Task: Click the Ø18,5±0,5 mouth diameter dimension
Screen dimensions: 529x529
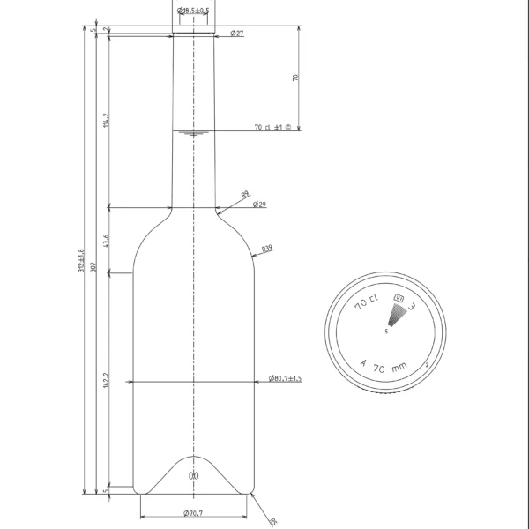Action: point(193,10)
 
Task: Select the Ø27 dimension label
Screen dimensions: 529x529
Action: point(237,33)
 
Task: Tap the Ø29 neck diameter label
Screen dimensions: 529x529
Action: point(259,205)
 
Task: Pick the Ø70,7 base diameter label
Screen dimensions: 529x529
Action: point(193,513)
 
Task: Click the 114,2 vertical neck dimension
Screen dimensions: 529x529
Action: point(106,120)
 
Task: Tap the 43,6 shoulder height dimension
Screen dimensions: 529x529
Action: point(106,241)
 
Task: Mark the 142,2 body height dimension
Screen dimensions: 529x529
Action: point(106,380)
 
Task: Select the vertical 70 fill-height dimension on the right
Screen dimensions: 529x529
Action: point(295,78)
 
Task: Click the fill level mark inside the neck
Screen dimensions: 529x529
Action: point(191,133)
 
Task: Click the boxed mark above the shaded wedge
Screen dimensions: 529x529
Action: point(399,298)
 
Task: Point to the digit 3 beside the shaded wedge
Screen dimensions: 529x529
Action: point(412,306)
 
